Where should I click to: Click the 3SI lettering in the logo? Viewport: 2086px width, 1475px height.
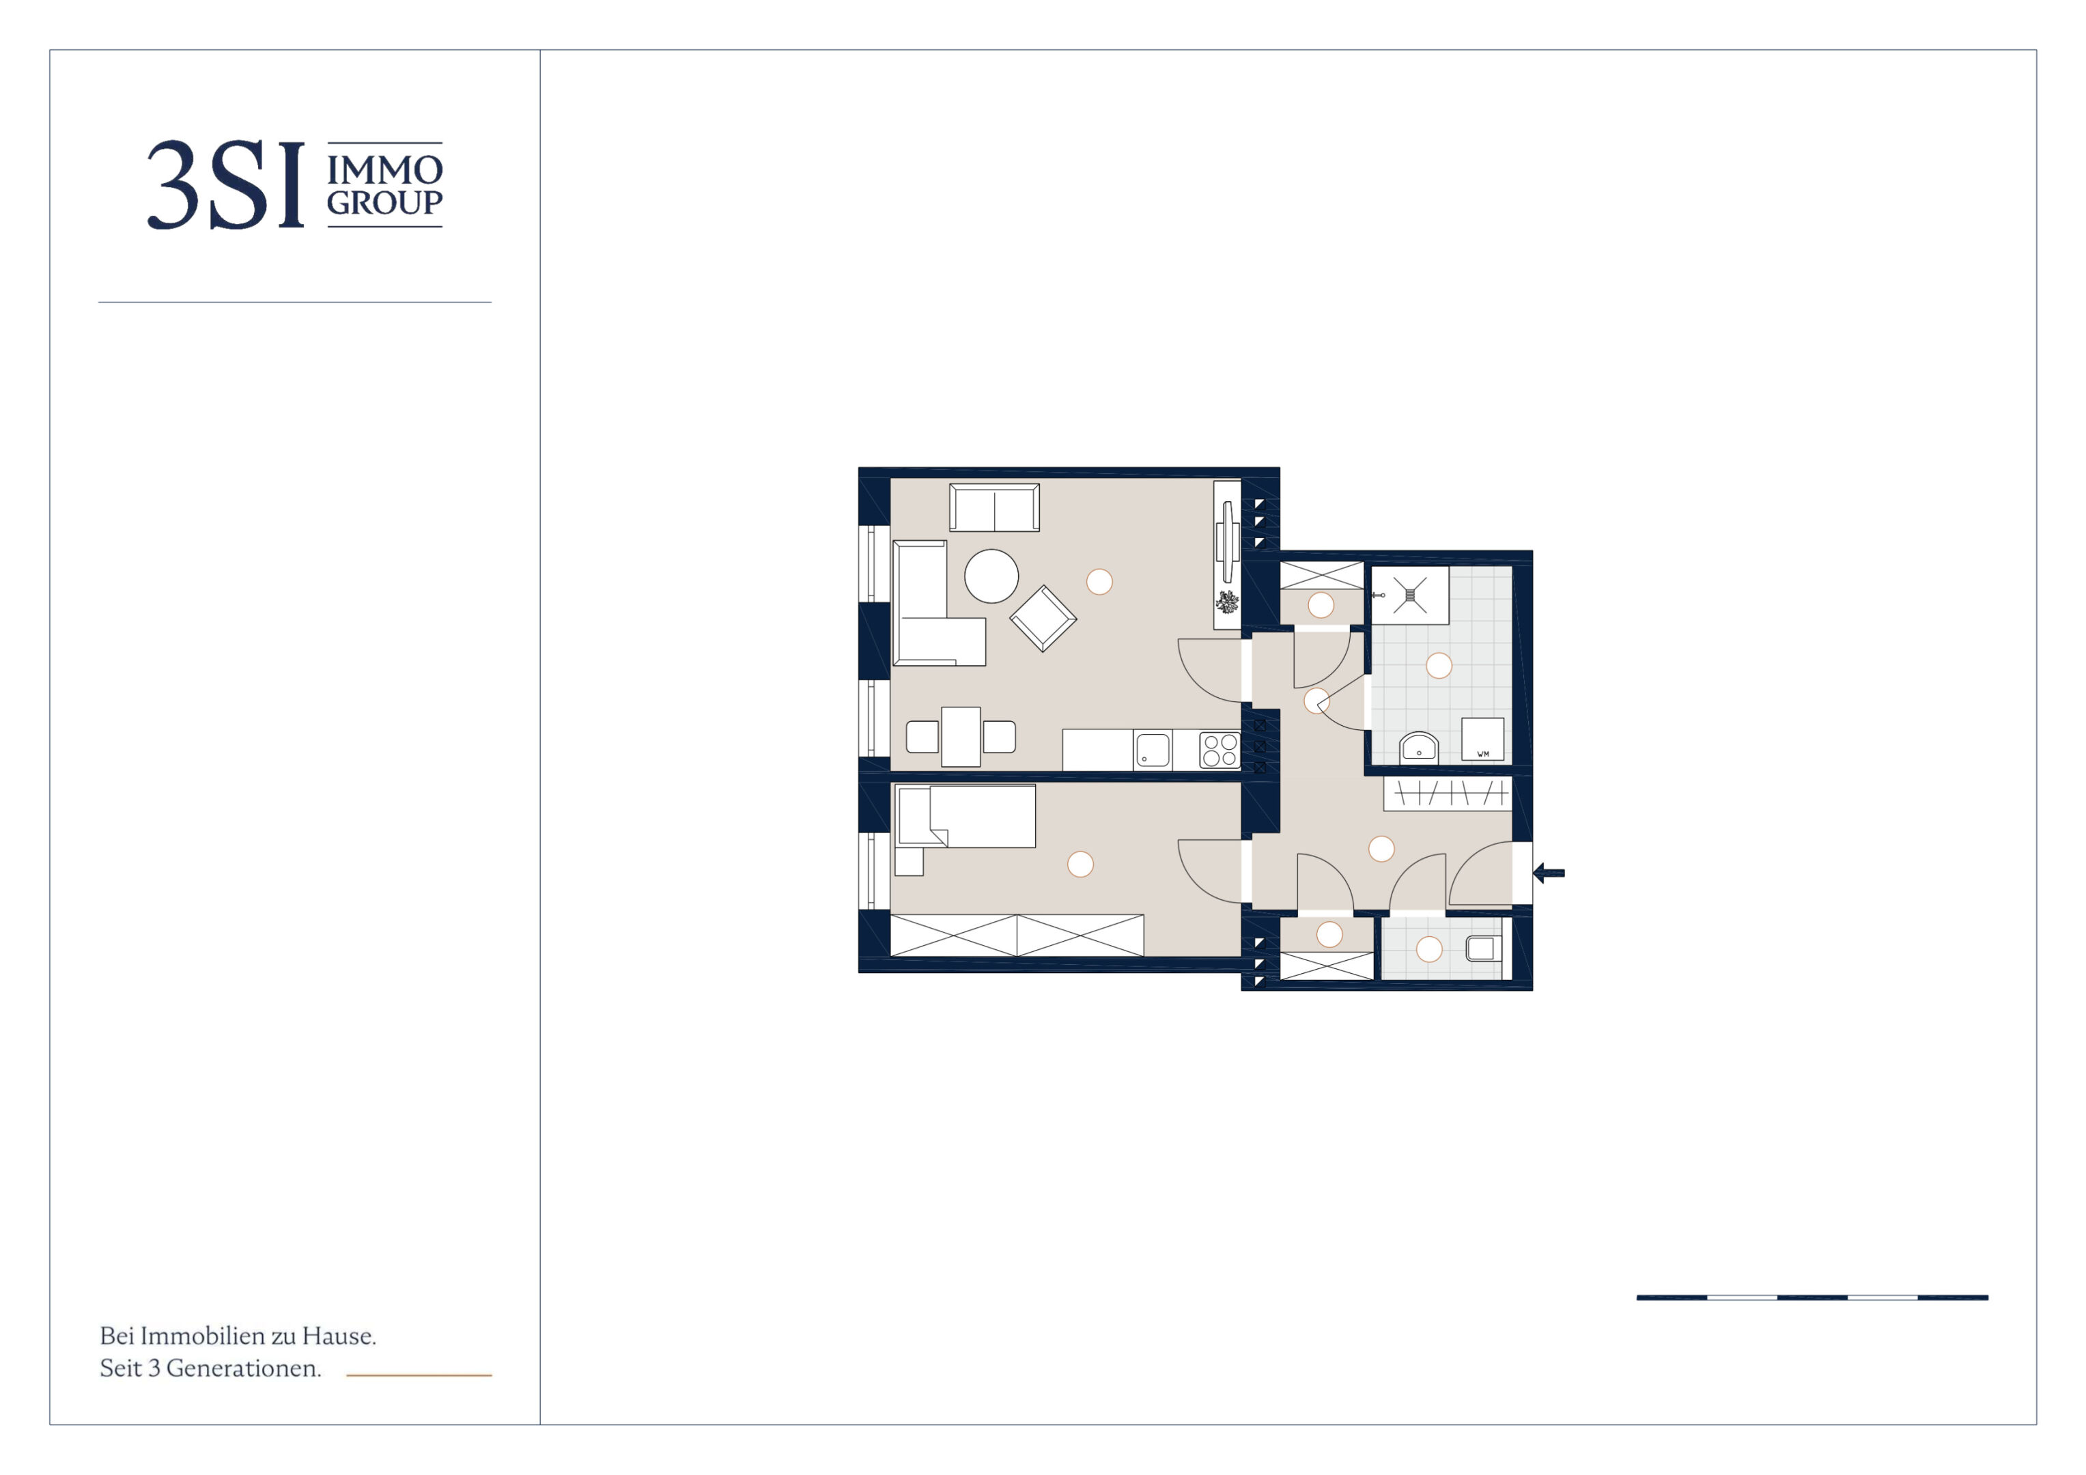225,184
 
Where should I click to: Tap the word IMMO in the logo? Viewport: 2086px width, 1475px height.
384,170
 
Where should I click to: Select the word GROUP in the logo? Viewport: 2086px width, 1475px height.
384,203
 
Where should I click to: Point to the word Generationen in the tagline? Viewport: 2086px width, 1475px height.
244,1368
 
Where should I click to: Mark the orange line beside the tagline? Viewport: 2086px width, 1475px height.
419,1375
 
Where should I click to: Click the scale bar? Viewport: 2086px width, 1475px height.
1812,1297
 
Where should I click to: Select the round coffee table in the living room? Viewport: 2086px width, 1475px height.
991,576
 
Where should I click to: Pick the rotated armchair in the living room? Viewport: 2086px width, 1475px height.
1043,618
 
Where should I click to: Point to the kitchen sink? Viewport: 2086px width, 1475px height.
1153,750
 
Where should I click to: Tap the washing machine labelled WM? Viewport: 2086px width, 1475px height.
1482,739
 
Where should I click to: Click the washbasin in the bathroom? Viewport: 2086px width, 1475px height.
1419,747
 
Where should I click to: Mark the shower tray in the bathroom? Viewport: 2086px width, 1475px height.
1409,595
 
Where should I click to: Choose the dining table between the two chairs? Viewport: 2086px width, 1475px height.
960,737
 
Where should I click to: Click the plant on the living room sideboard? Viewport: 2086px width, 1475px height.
1228,602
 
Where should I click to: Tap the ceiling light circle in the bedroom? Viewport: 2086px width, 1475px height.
1080,865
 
